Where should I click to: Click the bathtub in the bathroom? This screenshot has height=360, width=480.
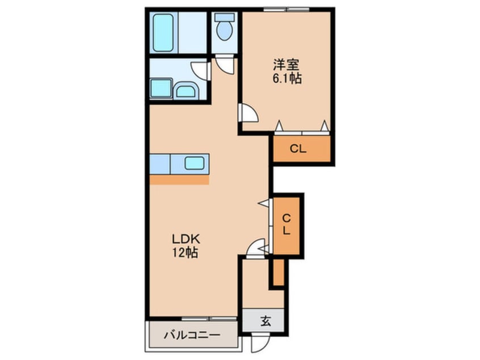163,33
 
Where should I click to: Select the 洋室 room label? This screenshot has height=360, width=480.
286,65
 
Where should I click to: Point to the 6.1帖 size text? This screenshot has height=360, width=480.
287,78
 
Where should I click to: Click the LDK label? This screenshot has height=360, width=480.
186,238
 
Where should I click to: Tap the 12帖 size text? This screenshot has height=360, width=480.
185,253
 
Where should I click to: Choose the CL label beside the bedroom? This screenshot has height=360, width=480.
298,149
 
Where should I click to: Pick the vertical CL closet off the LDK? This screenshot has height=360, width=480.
286,226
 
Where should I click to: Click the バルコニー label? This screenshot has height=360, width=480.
192,335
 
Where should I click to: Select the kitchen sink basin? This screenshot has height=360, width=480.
195,163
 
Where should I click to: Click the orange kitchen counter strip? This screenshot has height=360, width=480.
179,179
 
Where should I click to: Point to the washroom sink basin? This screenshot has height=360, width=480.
186,90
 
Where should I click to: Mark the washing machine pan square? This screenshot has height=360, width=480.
161,88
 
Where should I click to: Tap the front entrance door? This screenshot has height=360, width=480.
260,342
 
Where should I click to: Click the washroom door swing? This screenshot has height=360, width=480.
200,71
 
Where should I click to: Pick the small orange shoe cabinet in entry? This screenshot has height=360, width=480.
279,273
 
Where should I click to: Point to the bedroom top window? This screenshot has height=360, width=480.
282,10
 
